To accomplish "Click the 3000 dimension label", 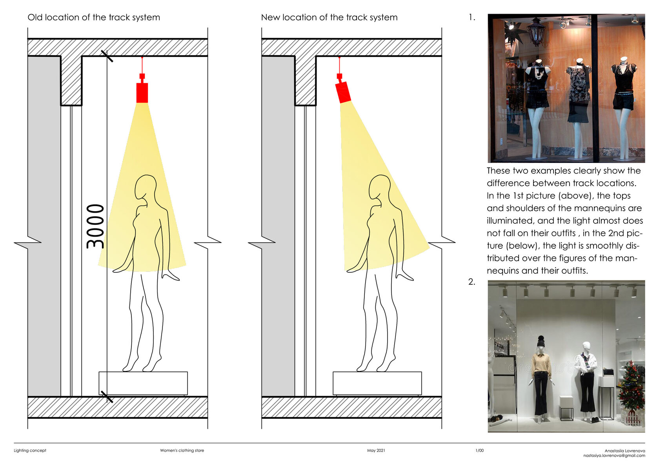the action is point(95,226).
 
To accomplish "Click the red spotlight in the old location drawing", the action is point(142,88).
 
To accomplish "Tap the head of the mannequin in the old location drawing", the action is point(146,188).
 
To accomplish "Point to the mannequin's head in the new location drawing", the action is point(380,188).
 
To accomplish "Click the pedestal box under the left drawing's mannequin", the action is point(143,384).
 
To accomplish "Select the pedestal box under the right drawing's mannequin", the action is point(377,384).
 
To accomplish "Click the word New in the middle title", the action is point(271,17).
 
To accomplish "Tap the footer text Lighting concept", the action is point(30,451).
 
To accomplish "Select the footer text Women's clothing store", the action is point(182,451).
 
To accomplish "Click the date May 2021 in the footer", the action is point(376,451).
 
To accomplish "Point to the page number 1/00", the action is point(479,451).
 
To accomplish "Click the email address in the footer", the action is point(614,456).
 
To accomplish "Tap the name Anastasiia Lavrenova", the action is point(625,451).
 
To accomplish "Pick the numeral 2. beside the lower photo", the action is point(471,282).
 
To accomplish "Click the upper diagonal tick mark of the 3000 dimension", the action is point(107,56).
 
